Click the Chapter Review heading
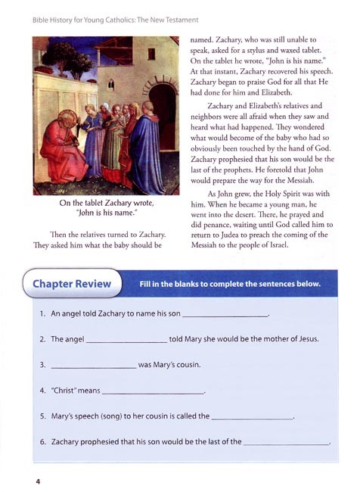(73, 285)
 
